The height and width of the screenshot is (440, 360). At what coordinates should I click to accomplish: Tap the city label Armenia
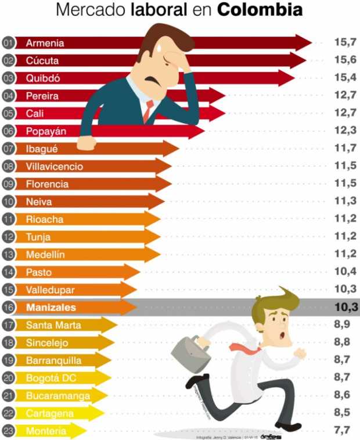[x=45, y=43]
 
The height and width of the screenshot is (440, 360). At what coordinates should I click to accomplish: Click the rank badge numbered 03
[x=8, y=78]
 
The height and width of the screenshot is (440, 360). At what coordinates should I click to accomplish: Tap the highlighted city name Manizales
[x=51, y=307]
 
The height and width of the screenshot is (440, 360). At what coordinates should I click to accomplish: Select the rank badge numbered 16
[x=8, y=307]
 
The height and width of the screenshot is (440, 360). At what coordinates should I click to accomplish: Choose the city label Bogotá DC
[x=51, y=378]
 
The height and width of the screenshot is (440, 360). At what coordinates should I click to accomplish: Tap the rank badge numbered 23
[x=8, y=431]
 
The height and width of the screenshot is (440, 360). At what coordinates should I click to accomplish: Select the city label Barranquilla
[x=53, y=360]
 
